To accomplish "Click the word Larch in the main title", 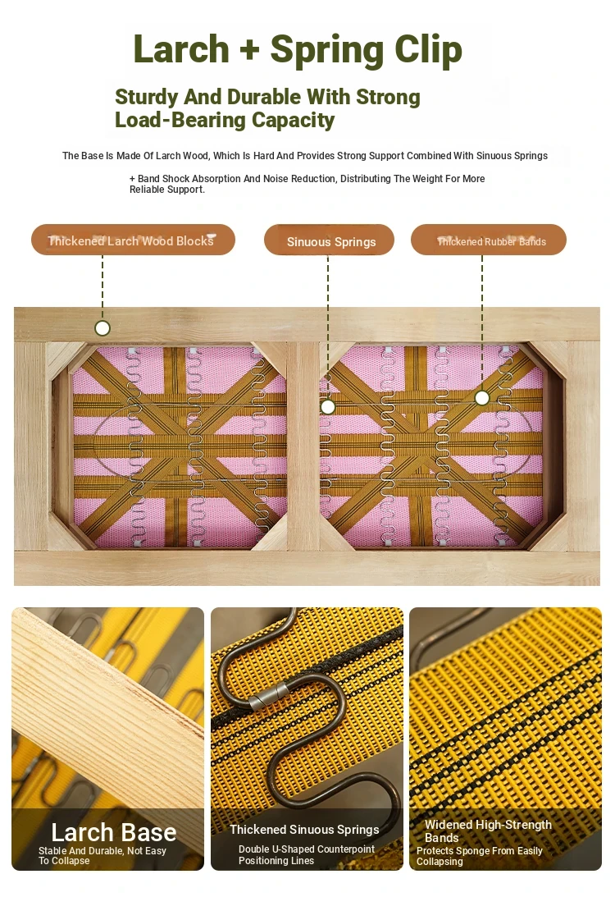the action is pos(181,49).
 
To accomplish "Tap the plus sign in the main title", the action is pos(250,50).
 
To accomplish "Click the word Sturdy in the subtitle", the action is pos(146,98).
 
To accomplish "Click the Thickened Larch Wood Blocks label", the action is pos(133,240).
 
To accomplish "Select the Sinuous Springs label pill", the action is pos(329,240).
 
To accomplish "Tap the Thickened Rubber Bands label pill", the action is pos(489,240).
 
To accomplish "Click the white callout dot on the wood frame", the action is pos(102,327).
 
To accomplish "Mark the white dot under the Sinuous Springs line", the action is pos(327,407).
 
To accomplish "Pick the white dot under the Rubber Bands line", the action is pos(482,397).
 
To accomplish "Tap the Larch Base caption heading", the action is pos(114,832).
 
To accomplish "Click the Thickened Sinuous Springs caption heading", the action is pos(304,830).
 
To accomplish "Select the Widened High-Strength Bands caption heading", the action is pos(488,831).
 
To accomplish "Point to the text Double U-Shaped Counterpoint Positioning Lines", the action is pos(307,854).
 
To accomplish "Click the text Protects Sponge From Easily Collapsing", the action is pos(479,856).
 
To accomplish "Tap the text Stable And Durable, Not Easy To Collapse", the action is pos(102,855).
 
